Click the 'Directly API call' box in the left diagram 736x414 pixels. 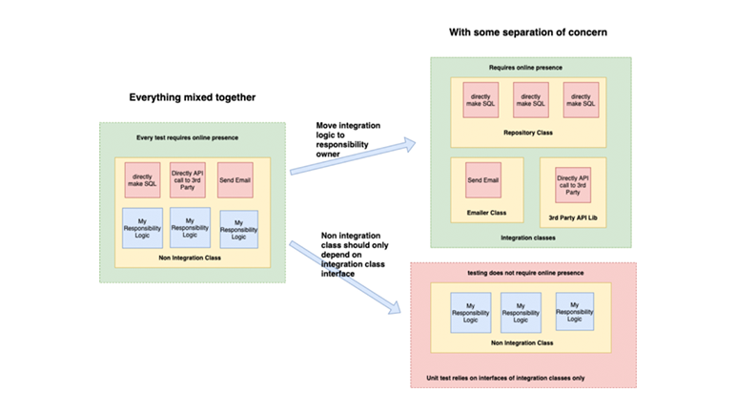click(188, 179)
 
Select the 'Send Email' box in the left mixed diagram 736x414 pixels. click(235, 179)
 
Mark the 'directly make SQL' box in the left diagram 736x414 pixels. click(142, 179)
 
